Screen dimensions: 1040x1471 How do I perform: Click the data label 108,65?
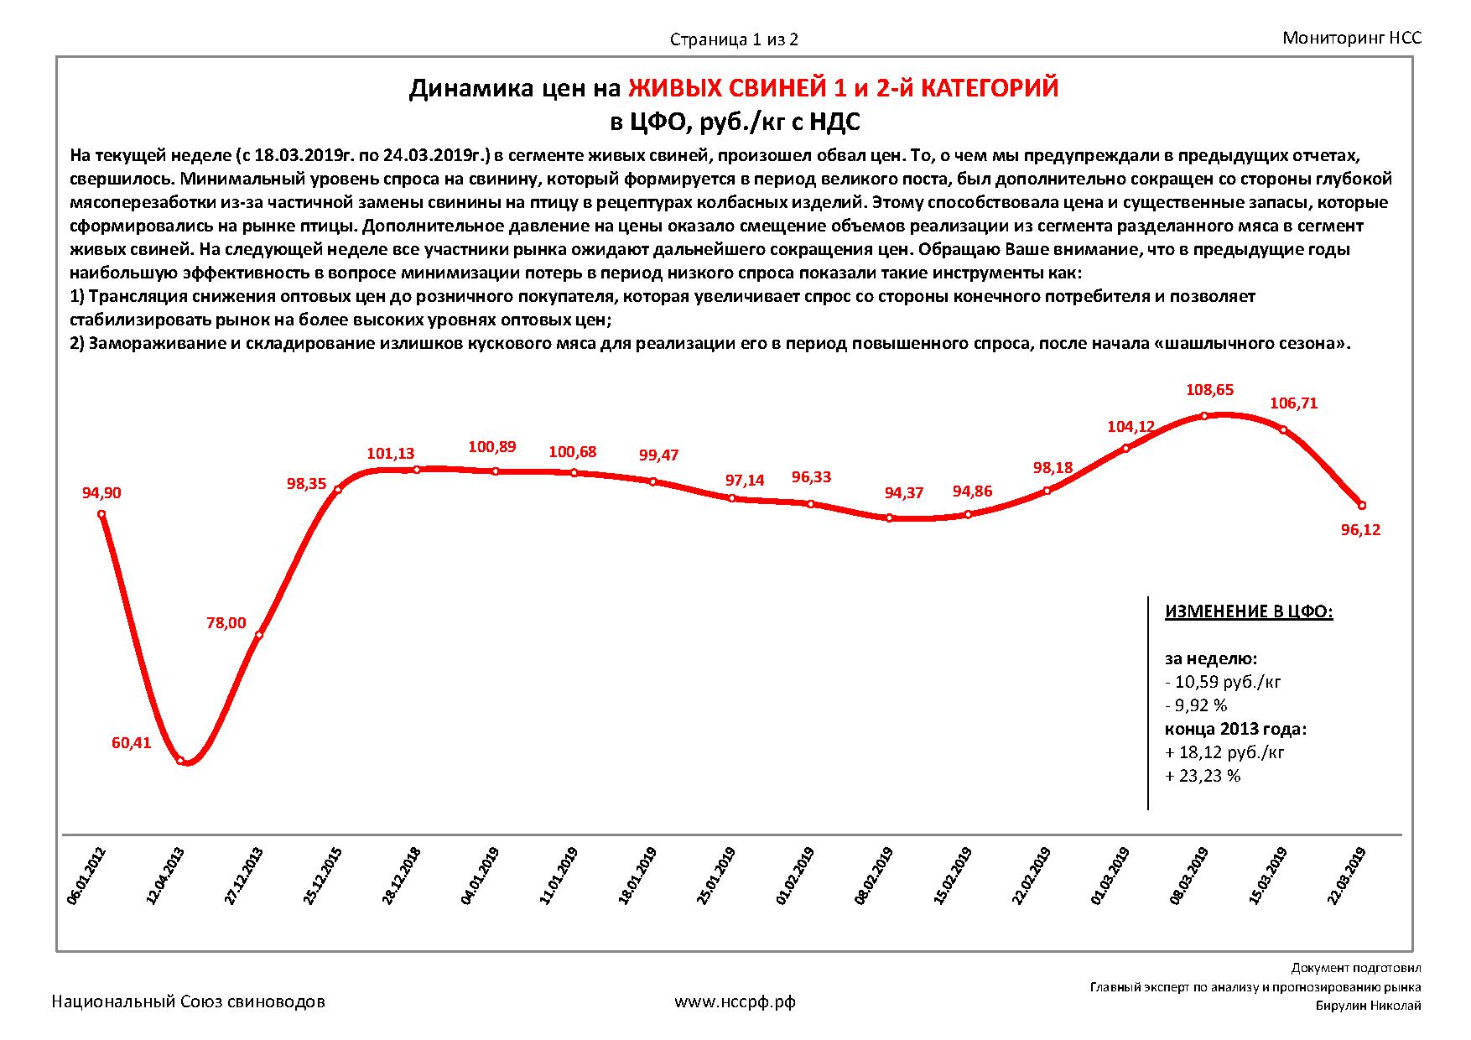coord(1209,390)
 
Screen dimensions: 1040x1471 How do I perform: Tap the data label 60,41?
coord(131,742)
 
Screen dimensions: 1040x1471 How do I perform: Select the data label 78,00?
coord(226,622)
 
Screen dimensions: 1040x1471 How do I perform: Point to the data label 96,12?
coord(1360,530)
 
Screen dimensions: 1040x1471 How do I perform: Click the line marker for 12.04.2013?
coord(180,760)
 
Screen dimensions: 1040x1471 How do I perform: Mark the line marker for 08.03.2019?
coord(1204,415)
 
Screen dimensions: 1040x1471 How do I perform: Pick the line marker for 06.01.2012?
coord(101,514)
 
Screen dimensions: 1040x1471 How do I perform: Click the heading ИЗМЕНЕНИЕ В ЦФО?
coord(1248,611)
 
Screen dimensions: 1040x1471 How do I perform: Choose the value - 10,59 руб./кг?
coord(1224,681)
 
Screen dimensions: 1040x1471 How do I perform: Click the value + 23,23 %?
coord(1203,776)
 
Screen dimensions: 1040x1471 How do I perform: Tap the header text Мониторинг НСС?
coord(1352,38)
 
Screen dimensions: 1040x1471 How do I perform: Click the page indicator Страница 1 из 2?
coord(734,39)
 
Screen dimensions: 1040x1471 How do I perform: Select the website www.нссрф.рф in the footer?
coord(735,1001)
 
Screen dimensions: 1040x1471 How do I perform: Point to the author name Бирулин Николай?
coord(1368,1006)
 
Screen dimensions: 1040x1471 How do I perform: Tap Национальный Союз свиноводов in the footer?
coord(189,1001)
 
